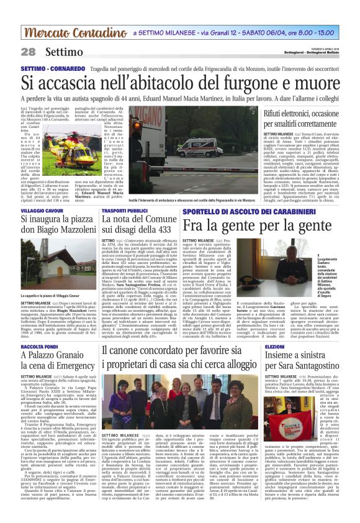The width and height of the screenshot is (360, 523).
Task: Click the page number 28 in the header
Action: click(28, 52)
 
